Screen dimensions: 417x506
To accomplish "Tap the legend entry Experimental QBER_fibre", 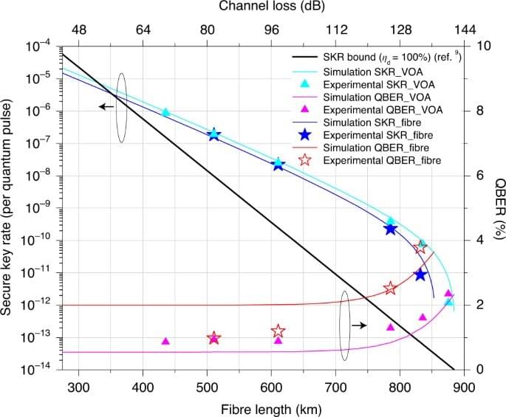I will click(391, 160).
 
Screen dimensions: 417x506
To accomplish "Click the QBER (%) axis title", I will click(499, 208).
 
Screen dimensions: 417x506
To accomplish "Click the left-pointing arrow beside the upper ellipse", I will click(107, 107).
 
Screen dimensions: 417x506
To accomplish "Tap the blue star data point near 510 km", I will click(213, 134).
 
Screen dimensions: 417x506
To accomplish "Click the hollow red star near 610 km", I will click(278, 331).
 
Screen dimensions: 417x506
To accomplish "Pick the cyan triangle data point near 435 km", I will click(165, 112).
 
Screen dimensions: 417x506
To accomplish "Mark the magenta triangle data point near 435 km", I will click(165, 341).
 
